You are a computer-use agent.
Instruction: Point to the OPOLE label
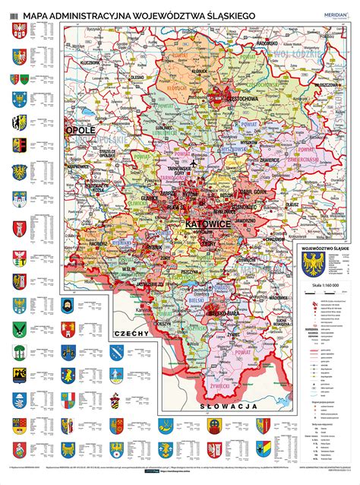tap(81, 131)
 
